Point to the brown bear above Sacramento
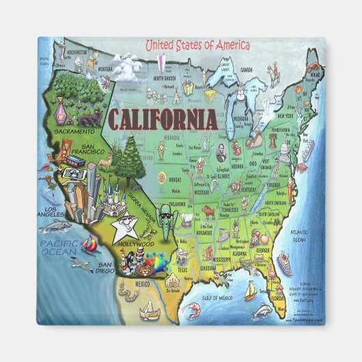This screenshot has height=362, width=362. point(89,121)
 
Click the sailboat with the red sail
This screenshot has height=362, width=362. point(89,242)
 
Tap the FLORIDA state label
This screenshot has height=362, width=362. point(279,298)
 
